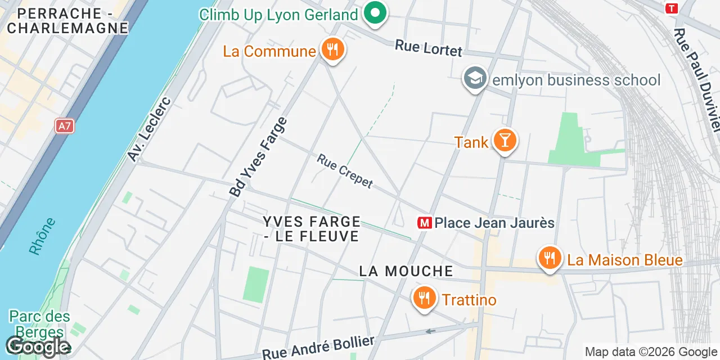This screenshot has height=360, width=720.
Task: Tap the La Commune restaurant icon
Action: click(x=332, y=50)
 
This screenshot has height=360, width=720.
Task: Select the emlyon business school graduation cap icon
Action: click(x=475, y=79)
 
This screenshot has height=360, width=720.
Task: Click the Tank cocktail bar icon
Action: click(x=505, y=141)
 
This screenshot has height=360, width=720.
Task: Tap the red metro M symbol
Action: click(x=424, y=223)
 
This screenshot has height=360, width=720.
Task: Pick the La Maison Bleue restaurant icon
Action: click(x=550, y=259)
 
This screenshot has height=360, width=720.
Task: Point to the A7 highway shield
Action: click(x=65, y=125)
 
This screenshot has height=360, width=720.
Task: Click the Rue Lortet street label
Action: click(x=429, y=48)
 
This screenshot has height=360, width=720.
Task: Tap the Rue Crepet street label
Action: click(x=345, y=171)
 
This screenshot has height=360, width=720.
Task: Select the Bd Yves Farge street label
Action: click(x=258, y=156)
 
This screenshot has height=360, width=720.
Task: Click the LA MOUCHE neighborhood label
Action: click(x=406, y=271)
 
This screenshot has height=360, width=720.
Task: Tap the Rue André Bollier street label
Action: click(x=318, y=348)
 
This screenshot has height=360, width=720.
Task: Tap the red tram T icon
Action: click(x=670, y=8)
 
